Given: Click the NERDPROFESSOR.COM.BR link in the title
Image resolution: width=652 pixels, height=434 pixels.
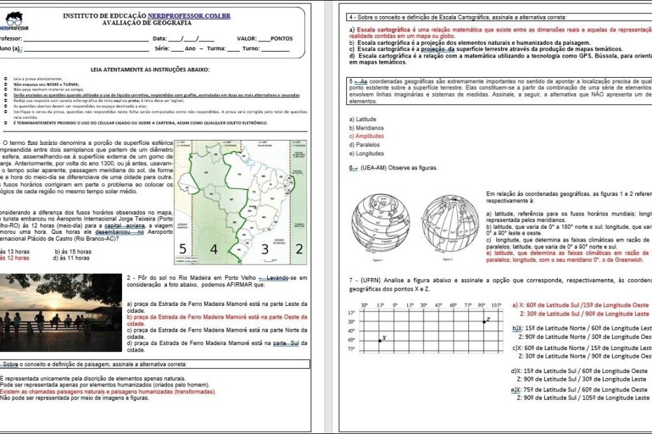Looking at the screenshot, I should pyautogui.click(x=189, y=15).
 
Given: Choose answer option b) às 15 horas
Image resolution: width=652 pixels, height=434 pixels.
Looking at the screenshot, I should pyautogui.click(x=73, y=251).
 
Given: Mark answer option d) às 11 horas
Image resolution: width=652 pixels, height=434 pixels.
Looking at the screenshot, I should pyautogui.click(x=73, y=258).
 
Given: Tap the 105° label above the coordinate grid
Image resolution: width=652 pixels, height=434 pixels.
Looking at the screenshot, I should pyautogui.click(x=496, y=305).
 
